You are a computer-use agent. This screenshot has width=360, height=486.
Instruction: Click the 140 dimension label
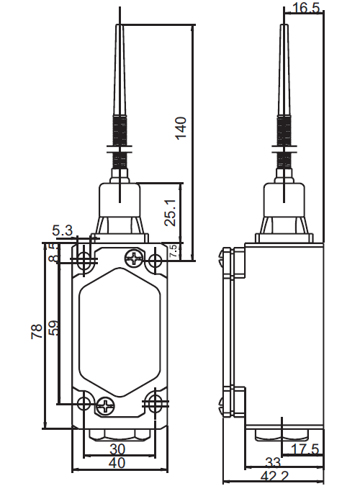[x=181, y=128]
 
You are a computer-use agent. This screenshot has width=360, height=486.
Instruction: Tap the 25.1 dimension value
[x=170, y=212]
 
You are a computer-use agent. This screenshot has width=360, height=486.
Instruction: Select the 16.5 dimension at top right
[x=305, y=8]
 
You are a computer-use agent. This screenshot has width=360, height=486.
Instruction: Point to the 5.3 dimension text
[x=63, y=230]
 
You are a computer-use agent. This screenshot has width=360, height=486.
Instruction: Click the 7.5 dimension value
[x=174, y=251]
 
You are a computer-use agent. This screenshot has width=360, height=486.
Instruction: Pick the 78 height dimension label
[x=37, y=331]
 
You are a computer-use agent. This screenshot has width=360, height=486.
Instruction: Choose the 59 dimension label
[x=53, y=328]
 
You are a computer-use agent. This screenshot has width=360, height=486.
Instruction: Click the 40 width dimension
[x=117, y=463]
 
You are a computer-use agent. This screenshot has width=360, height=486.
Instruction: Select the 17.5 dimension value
[x=305, y=449]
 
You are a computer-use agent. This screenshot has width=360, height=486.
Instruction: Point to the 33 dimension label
[x=273, y=462]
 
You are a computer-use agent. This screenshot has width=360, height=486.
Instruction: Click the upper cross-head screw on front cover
[x=135, y=258]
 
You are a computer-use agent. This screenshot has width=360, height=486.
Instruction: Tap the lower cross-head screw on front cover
[x=105, y=406]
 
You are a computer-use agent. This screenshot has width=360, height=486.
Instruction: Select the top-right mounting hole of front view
[x=155, y=260]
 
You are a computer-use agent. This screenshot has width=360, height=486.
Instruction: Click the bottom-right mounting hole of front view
[x=154, y=403]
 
